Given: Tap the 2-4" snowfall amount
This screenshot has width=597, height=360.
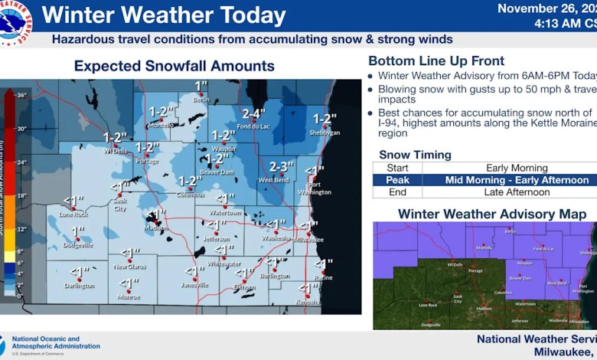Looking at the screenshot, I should (x=254, y=115).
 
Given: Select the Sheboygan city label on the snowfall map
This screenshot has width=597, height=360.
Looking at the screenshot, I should (x=325, y=132).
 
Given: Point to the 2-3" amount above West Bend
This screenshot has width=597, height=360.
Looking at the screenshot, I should (x=280, y=167).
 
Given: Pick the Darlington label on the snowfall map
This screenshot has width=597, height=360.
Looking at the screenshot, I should (x=79, y=285).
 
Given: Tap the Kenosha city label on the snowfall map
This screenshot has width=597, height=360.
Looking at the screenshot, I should (x=308, y=302).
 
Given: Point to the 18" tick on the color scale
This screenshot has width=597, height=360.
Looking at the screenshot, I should (x=21, y=195).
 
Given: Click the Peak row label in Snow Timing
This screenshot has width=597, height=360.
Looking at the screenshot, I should (x=396, y=180).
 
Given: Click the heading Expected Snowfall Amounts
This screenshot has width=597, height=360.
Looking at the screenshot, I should (x=174, y=67).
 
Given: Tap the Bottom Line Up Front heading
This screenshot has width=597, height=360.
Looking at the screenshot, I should (x=436, y=61).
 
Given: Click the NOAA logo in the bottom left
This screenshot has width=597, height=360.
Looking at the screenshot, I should (x=4, y=345).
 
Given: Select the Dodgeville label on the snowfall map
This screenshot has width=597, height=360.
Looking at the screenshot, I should (x=77, y=245).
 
